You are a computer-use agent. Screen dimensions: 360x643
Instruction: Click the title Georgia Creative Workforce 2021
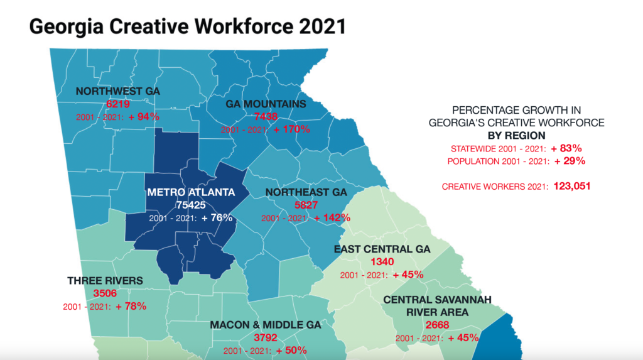(188, 26)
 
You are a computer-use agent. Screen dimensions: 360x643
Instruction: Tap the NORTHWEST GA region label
(117, 91)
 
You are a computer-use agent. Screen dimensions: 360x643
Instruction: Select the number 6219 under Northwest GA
(117, 104)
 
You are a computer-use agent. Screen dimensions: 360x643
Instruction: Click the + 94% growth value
(144, 117)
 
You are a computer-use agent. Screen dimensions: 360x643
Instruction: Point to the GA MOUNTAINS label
(266, 104)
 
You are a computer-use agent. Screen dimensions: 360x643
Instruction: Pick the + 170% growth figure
(291, 129)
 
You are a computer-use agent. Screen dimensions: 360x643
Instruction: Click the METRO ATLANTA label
(191, 192)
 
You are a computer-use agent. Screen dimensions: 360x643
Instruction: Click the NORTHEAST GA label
(306, 192)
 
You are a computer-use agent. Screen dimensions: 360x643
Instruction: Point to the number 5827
(306, 205)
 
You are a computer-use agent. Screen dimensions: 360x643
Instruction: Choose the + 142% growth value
(332, 218)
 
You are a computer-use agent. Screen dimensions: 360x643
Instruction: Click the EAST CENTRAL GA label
(382, 249)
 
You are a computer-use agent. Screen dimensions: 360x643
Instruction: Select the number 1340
(382, 262)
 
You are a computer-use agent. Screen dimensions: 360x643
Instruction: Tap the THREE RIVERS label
(105, 280)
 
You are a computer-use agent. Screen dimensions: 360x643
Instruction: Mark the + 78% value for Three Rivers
(131, 307)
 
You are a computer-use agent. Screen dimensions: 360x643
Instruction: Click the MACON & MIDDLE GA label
(266, 325)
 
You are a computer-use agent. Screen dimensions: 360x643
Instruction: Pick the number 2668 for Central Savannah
(437, 325)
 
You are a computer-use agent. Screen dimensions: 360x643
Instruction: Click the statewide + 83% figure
(566, 148)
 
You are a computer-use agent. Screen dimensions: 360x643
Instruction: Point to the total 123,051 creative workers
(572, 187)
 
